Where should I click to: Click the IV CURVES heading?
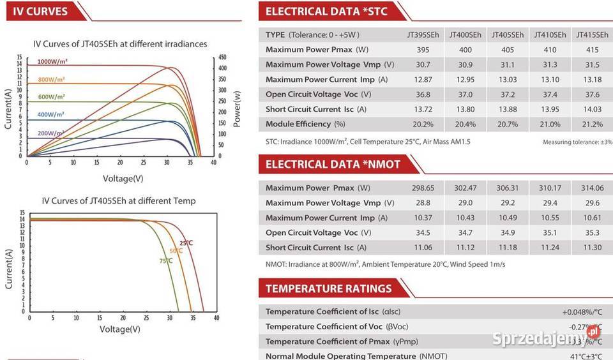[x=40, y=11]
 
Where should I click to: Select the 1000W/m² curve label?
[x=52, y=61]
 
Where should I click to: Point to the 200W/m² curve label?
[x=50, y=133]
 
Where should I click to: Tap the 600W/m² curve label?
[x=51, y=97]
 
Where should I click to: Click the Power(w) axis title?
[x=237, y=109]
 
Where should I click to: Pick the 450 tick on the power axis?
[x=222, y=57]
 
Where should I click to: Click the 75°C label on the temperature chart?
[x=165, y=260]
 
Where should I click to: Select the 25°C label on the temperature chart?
[x=186, y=243]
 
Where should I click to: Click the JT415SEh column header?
[x=592, y=34]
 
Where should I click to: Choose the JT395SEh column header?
[x=423, y=34]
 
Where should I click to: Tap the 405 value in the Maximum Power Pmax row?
[x=507, y=49]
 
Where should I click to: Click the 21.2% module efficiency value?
[x=592, y=124]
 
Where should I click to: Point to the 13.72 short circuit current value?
[x=423, y=109]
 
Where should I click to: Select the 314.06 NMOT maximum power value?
[x=592, y=188]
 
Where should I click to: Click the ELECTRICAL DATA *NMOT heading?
[x=333, y=164]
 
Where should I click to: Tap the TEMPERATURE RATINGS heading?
[x=328, y=289]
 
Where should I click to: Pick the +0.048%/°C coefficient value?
[x=582, y=311]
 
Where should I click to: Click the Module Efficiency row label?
[x=305, y=124]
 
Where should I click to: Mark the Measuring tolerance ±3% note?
[x=577, y=142]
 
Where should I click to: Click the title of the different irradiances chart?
[x=120, y=44]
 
